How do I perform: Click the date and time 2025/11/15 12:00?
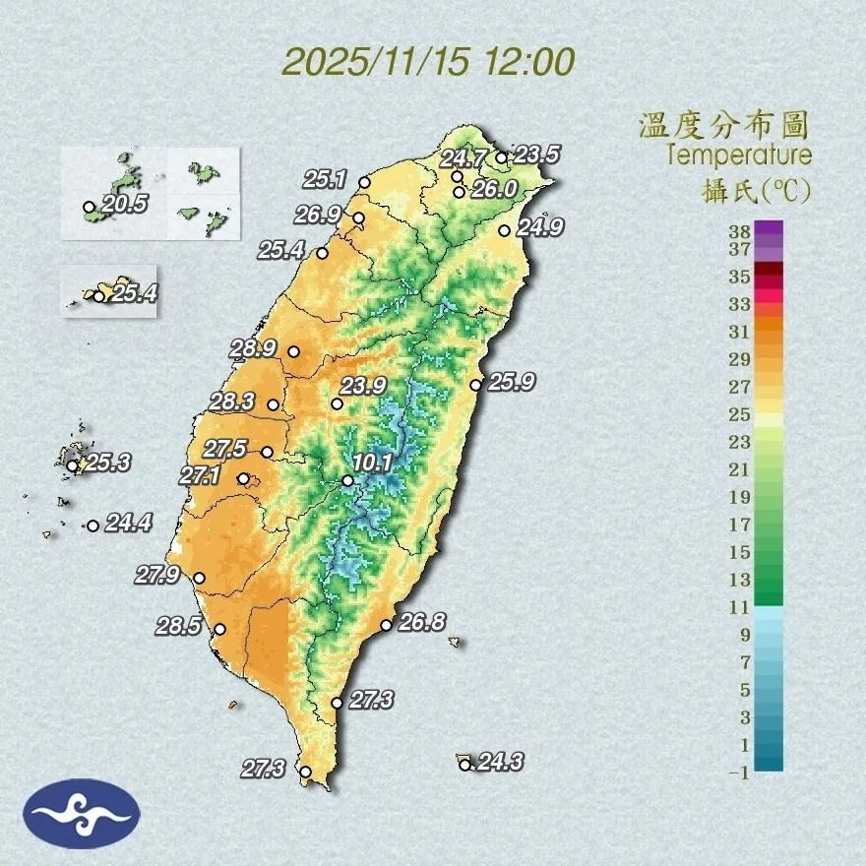(x=428, y=62)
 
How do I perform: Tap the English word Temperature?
(x=739, y=155)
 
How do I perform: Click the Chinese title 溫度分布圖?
(x=723, y=126)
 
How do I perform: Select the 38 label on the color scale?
(x=740, y=231)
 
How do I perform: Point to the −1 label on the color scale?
(x=739, y=773)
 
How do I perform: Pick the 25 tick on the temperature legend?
(x=740, y=414)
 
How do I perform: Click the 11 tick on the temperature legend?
(x=740, y=607)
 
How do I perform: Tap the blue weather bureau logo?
(x=83, y=813)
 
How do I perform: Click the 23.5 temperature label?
(x=537, y=155)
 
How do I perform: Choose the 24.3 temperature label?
(x=500, y=761)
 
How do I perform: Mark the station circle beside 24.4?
(x=93, y=526)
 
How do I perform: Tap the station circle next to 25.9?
(x=475, y=385)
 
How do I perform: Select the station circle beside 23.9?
(x=337, y=403)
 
